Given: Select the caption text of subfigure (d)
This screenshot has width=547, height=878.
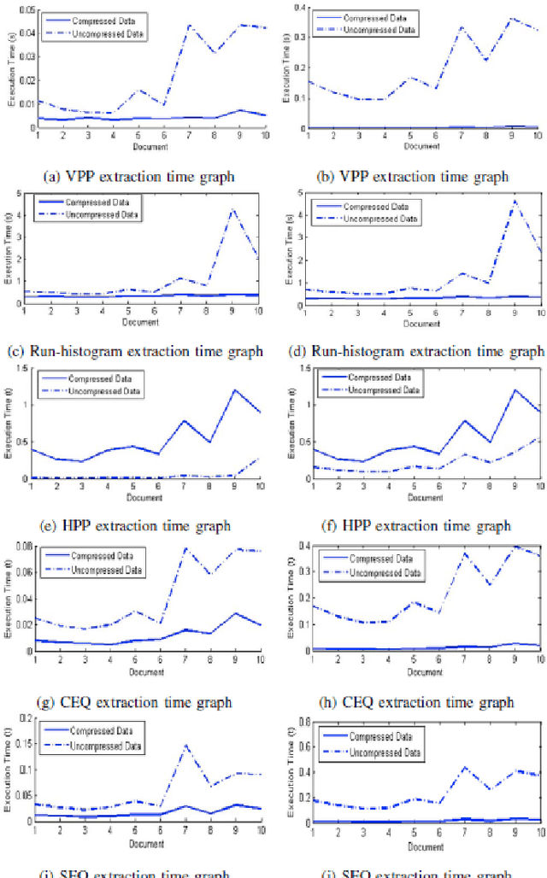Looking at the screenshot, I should [412, 351].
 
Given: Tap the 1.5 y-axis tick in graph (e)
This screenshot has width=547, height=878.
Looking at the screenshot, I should [9, 367].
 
